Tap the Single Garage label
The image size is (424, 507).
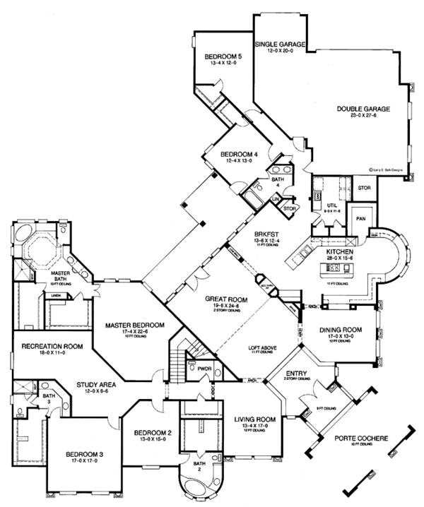pyautogui.click(x=280, y=44)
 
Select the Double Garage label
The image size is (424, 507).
pyautogui.click(x=363, y=109)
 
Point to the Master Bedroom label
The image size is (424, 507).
pyautogui.click(x=134, y=325)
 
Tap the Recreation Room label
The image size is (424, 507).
pyautogui.click(x=52, y=346)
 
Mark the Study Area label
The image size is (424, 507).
pyautogui.click(x=95, y=385)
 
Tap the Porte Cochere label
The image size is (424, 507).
pyautogui.click(x=363, y=439)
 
